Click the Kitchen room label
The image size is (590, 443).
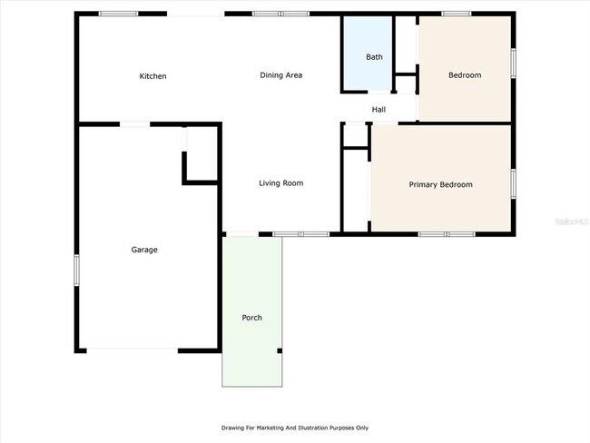(152, 76)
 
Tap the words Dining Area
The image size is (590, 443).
(280, 75)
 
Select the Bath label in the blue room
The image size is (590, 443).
(374, 57)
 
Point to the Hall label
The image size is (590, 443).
(379, 110)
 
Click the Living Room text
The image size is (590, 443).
(280, 183)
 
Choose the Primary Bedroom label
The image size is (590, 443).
(440, 185)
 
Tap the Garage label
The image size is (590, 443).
(144, 250)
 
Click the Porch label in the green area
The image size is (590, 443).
(251, 318)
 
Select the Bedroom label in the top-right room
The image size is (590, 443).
(465, 75)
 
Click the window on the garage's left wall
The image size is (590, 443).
(76, 270)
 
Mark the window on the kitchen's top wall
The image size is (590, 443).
(118, 14)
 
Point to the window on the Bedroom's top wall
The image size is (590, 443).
(457, 14)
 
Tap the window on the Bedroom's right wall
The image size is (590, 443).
(513, 63)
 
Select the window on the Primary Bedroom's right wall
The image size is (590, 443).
(513, 183)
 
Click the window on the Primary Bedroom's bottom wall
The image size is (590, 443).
(446, 234)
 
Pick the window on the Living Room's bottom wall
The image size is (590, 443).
(300, 234)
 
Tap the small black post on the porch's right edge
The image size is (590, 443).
(280, 350)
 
